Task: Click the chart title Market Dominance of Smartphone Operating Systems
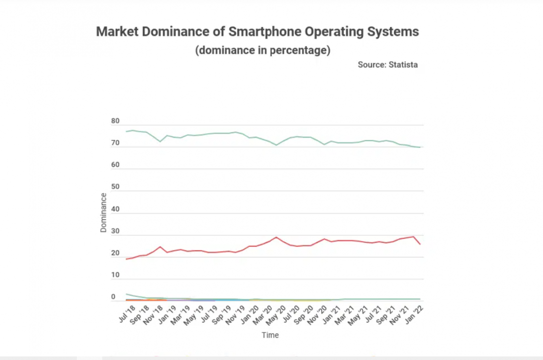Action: click(x=257, y=32)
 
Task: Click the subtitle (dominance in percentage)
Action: click(x=262, y=50)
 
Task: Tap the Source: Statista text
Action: click(x=388, y=64)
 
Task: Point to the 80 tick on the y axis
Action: click(x=115, y=121)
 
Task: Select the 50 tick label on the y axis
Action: click(x=115, y=187)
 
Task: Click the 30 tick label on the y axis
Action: click(x=115, y=231)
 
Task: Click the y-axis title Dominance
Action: click(x=103, y=212)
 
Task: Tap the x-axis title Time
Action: click(x=270, y=335)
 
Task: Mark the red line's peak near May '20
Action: click(x=276, y=237)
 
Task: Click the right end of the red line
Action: click(x=420, y=244)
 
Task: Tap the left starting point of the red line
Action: click(x=126, y=259)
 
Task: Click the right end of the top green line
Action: click(x=420, y=147)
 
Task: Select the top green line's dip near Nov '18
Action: click(x=160, y=142)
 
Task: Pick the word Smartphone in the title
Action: click(x=260, y=32)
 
